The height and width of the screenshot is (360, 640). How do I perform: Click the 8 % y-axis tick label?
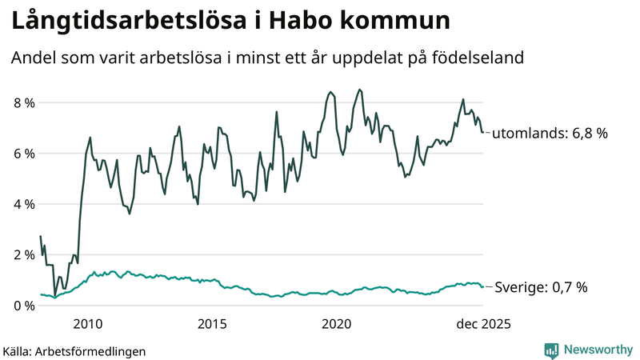(x=23, y=103)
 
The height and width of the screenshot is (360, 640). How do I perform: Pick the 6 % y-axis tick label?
(x=23, y=154)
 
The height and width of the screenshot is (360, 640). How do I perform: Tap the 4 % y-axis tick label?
(x=23, y=204)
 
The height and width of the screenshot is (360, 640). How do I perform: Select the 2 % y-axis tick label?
(x=23, y=255)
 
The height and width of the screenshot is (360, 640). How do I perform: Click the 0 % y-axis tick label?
(x=23, y=306)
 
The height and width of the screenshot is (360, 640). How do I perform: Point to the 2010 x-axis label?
(x=88, y=324)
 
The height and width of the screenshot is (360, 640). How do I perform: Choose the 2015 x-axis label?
(x=212, y=324)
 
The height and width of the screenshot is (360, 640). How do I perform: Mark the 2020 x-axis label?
(x=337, y=324)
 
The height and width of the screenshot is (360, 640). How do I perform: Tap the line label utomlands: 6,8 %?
(x=550, y=134)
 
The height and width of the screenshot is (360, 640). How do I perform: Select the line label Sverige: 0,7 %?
(x=542, y=287)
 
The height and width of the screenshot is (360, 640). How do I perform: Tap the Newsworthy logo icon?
(x=551, y=350)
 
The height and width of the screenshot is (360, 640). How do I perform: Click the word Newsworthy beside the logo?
(x=597, y=350)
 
